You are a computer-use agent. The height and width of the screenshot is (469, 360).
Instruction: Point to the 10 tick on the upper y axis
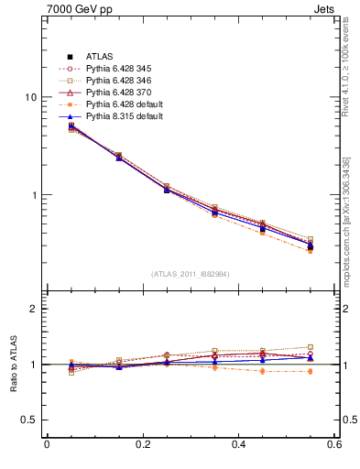[30, 97]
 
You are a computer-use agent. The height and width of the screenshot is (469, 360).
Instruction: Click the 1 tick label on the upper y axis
[33, 195]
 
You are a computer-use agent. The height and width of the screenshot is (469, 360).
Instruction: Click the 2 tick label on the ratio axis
[33, 309]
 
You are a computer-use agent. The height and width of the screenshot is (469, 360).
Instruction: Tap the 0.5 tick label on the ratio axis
[28, 420]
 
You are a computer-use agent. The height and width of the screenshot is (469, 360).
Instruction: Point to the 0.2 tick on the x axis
[142, 446]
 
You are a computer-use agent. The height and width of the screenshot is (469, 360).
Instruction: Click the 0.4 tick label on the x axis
[239, 446]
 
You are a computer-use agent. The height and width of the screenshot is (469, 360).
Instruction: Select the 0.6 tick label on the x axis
[334, 446]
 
